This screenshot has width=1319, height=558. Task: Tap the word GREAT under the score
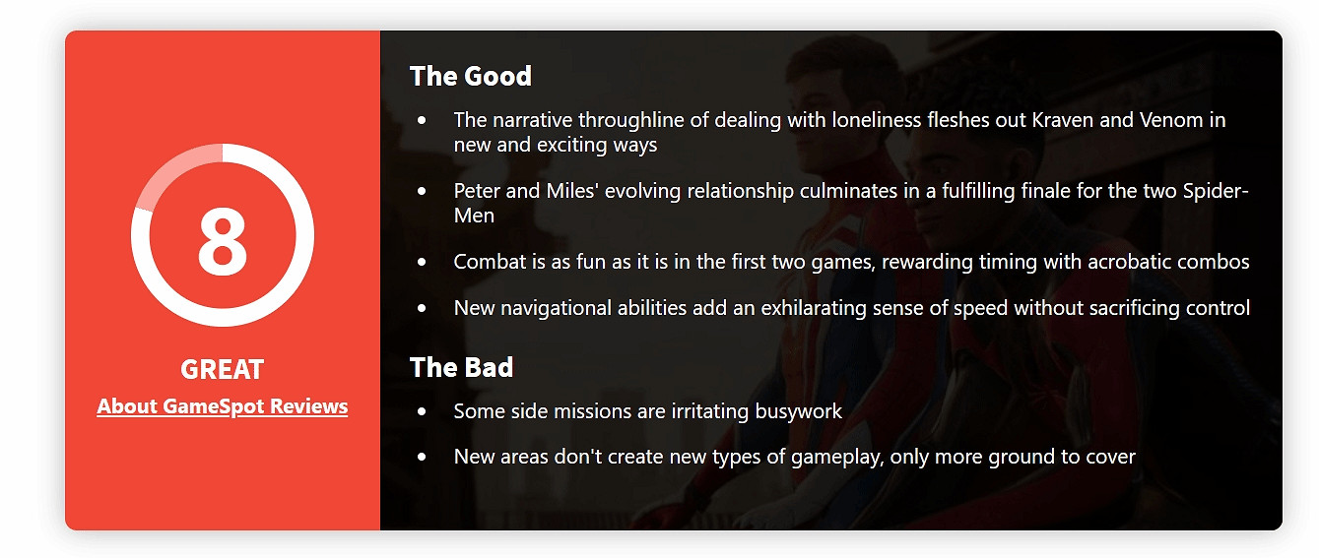(x=222, y=370)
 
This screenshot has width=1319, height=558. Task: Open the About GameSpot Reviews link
(x=222, y=406)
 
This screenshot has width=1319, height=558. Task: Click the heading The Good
(x=471, y=76)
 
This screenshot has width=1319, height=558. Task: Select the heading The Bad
(x=461, y=367)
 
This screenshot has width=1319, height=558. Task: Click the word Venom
(x=1172, y=120)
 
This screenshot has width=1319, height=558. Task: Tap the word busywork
(x=799, y=411)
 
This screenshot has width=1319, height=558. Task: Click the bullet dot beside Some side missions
(x=422, y=411)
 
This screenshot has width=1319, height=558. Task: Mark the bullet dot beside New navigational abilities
(x=422, y=308)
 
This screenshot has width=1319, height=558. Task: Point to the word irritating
(x=710, y=411)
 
